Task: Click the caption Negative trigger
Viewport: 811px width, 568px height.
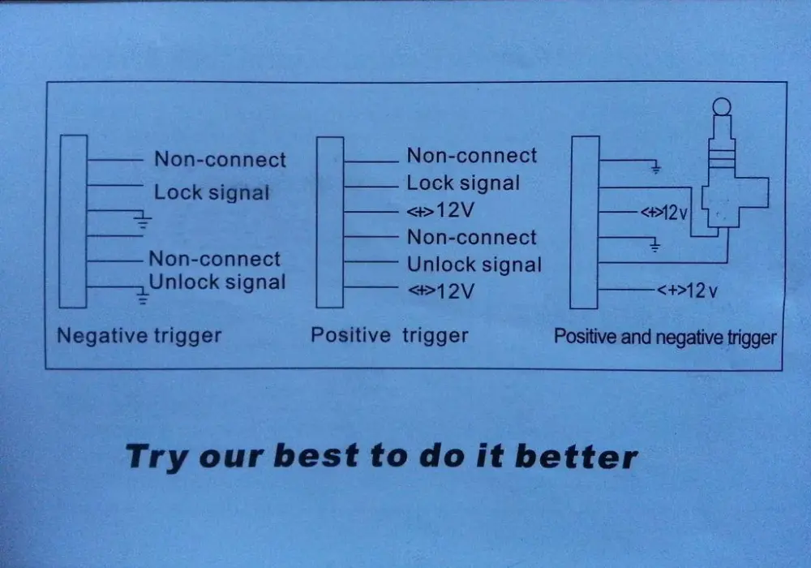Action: tap(139, 336)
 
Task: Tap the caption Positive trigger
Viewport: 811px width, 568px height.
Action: tap(389, 336)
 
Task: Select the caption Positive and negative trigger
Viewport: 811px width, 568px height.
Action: tap(665, 338)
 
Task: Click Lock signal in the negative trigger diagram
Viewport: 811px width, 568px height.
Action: tap(212, 192)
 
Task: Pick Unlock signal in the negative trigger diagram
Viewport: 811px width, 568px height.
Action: tap(217, 282)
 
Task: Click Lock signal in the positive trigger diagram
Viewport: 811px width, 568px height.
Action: tap(463, 183)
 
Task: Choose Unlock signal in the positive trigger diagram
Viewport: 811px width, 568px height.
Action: tap(474, 265)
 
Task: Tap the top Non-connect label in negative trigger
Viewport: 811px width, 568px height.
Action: tap(220, 159)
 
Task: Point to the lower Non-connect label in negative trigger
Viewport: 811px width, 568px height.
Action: tap(215, 259)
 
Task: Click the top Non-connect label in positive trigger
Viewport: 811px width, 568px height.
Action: tap(472, 155)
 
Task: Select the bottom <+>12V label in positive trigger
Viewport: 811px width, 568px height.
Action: tap(441, 291)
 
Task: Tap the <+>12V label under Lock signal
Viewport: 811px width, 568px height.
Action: tap(440, 210)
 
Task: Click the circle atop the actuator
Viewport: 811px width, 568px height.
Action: tap(722, 106)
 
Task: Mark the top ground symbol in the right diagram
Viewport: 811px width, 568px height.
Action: tap(655, 168)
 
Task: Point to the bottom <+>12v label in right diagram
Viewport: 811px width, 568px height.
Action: tap(688, 290)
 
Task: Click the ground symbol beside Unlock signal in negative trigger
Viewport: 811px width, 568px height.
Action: tap(142, 296)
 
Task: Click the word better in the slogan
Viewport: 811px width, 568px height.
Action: tap(576, 457)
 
